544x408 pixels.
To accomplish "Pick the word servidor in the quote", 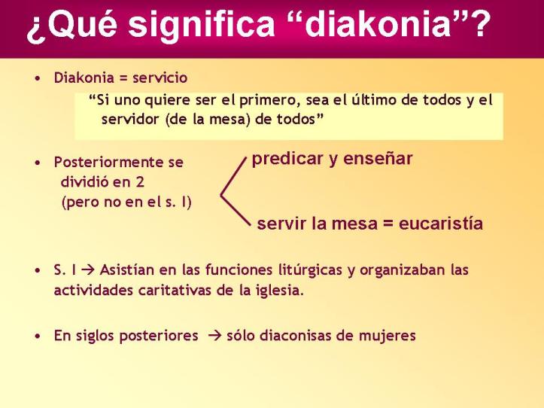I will point(129,120).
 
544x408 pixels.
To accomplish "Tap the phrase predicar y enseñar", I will point(332,159).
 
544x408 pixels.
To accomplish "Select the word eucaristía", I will point(441,224).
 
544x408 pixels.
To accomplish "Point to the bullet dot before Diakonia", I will point(37,78).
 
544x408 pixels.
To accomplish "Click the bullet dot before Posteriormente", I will point(37,162).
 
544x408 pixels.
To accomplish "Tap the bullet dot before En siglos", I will point(37,336).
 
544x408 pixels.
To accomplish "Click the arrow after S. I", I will point(88,269).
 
